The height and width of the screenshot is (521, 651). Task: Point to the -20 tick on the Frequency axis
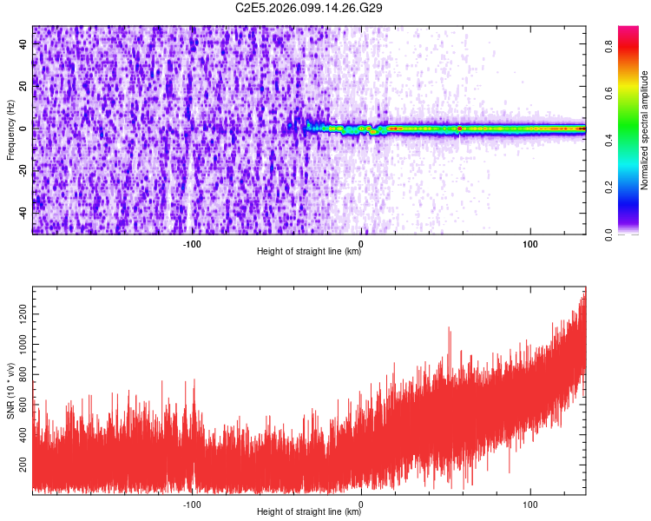click(23, 171)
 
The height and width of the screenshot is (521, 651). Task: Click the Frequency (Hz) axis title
click(10, 129)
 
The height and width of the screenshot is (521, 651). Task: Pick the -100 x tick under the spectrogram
click(192, 244)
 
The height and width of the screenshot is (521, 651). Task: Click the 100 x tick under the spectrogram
click(530, 244)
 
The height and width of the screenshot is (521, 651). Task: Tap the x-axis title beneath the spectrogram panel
click(309, 252)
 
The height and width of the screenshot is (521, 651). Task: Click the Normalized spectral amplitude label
click(645, 130)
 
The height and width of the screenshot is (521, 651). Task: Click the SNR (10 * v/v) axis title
click(10, 390)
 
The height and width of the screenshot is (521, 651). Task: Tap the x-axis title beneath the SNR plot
click(309, 512)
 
